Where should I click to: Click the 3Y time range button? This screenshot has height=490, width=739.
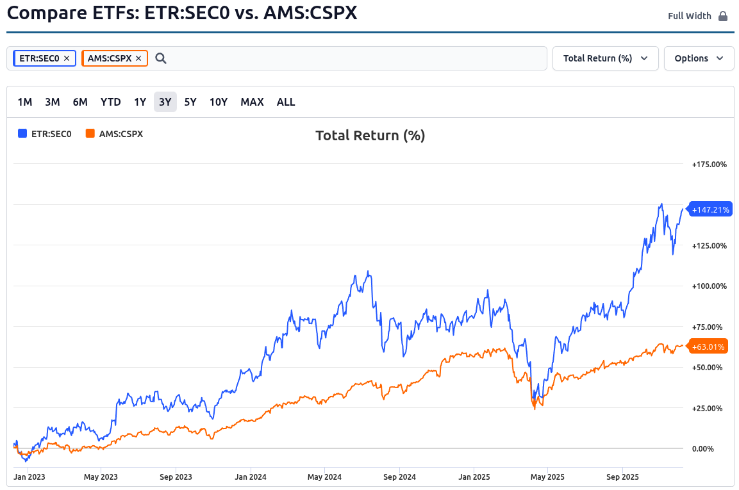165,102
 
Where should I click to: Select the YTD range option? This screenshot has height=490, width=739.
111,102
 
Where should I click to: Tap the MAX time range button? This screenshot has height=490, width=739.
252,102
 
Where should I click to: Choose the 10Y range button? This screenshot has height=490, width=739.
219,102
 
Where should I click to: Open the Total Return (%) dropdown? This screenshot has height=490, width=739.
605,58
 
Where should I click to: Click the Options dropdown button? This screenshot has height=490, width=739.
699,58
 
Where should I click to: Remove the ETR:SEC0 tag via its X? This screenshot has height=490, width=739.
67,58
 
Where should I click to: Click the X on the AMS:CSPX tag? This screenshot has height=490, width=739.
138,58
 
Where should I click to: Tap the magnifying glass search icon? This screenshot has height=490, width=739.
161,58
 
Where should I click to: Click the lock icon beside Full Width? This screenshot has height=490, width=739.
723,16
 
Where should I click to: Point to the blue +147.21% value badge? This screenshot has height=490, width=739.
710,209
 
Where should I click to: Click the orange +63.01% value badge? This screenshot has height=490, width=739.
708,347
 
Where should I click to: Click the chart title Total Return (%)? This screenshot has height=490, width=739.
370,135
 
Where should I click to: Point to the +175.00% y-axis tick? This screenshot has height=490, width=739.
709,165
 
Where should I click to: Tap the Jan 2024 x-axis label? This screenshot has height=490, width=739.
251,477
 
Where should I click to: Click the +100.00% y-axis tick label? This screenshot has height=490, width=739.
709,286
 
